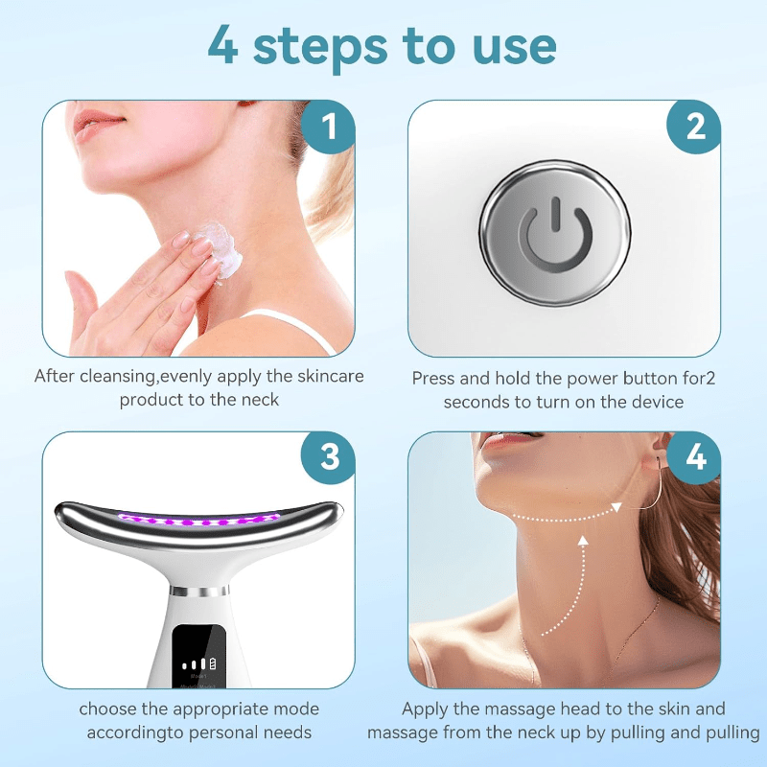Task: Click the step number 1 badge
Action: (329, 127)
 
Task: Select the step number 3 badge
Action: (329, 457)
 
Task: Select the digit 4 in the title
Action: (224, 45)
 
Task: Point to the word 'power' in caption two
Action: (569, 378)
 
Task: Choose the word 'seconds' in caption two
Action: (477, 402)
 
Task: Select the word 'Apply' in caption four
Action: (425, 709)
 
